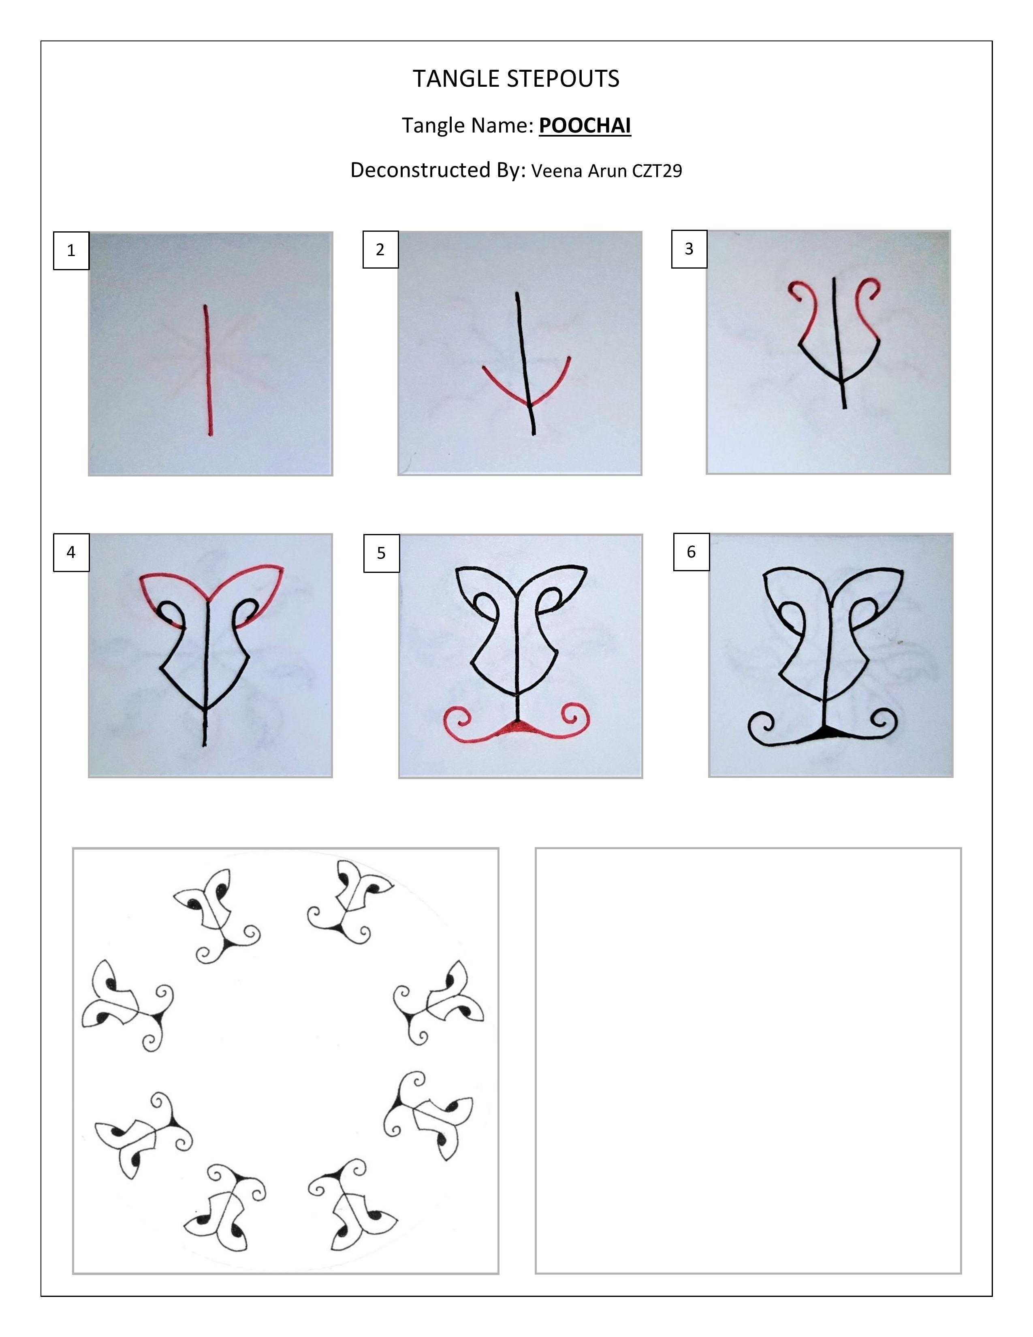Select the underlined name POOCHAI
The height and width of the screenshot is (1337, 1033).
(x=585, y=126)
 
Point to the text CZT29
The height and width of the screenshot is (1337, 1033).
(x=657, y=171)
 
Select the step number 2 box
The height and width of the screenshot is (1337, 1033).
(x=381, y=249)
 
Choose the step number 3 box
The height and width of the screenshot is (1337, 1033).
(x=689, y=248)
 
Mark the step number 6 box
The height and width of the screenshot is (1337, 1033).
(x=692, y=551)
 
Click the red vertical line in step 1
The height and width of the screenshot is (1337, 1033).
(x=208, y=370)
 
